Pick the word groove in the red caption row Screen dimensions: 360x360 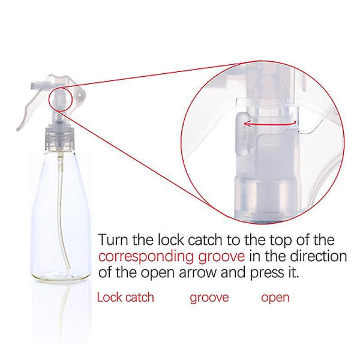(209, 298)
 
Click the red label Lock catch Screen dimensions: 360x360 (125, 298)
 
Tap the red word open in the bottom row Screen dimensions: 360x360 (275, 298)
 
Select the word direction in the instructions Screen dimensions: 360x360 (318, 256)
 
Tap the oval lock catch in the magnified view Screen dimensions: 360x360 (242, 134)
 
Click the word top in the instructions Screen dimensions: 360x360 (281, 241)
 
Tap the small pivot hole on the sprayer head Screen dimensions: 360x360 (80, 94)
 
